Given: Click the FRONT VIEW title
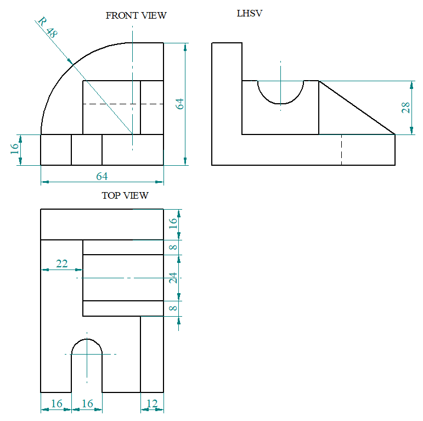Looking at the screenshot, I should coord(136,15).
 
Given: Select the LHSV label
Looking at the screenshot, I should coord(250,13).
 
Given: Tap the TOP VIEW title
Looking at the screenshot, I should coord(125,195).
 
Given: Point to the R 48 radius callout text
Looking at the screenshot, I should coord(47,27).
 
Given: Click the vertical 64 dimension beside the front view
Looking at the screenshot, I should coord(179,103).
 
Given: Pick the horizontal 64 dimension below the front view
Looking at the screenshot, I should coord(102,176).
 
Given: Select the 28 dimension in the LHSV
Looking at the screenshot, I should coord(405,107).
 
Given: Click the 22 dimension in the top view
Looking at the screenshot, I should coord(62,264).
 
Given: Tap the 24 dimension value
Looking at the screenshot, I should coord(173,278).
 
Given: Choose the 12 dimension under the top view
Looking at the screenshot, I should coord(152,404).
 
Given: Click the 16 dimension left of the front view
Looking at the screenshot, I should coord(14,149).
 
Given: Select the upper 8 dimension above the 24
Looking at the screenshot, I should coord(173,248).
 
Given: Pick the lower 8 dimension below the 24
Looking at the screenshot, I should coord(173,308).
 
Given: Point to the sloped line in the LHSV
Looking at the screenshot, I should coord(357,107).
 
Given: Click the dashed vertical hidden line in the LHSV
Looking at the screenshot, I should coord(341,149).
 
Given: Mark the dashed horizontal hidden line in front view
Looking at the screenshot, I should coord(123,104).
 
